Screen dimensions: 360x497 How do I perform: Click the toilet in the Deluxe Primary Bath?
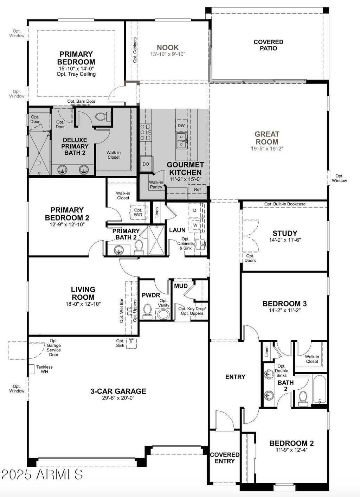(103, 116)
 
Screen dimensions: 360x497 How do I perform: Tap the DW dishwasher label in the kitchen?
(181, 125)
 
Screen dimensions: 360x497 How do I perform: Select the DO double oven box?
(146, 164)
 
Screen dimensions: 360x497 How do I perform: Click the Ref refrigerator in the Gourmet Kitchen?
(197, 189)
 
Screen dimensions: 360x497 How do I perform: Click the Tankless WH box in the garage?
(31, 369)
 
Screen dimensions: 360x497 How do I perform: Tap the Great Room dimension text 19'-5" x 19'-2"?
(267, 148)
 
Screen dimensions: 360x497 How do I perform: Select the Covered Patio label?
(268, 45)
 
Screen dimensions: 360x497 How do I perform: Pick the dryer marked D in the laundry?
(195, 210)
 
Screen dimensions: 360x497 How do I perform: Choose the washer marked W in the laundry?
(195, 225)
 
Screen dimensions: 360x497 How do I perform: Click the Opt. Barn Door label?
(82, 101)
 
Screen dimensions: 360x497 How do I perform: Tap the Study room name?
(285, 233)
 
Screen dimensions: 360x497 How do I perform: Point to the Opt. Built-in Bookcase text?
(285, 204)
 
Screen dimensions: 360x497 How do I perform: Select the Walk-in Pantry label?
(156, 185)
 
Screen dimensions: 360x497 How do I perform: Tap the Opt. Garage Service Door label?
(54, 348)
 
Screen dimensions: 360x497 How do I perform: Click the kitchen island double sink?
(182, 141)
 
